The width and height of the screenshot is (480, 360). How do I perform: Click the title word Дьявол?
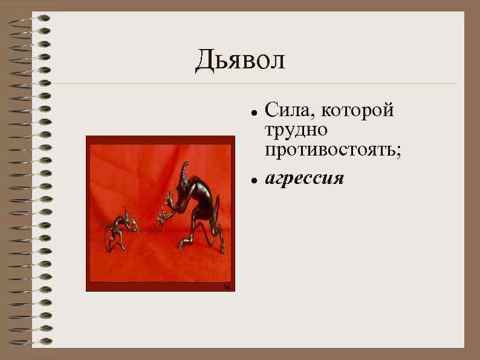pyautogui.click(x=239, y=61)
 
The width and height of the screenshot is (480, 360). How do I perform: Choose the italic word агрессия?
pyautogui.click(x=305, y=179)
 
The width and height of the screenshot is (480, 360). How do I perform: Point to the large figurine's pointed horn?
pyautogui.click(x=184, y=166)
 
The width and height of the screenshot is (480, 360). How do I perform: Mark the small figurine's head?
pyautogui.click(x=127, y=215)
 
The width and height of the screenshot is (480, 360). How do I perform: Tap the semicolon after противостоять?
pyautogui.click(x=398, y=151)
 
